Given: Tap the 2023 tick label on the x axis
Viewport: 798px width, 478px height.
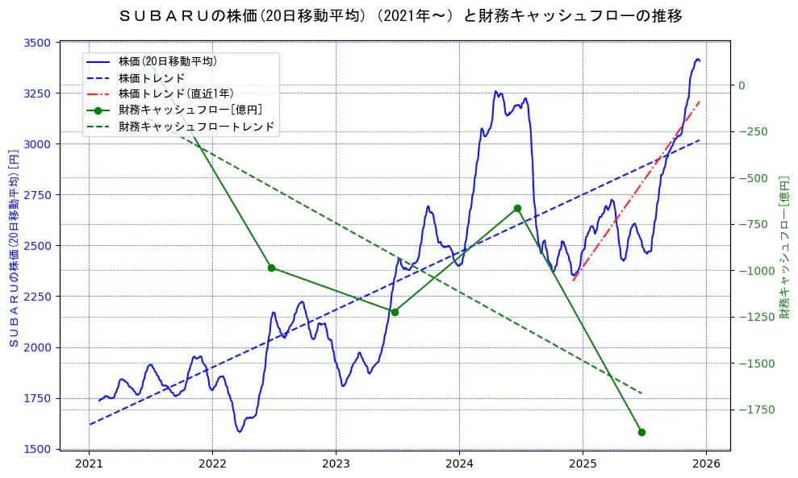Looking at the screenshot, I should coord(336,464).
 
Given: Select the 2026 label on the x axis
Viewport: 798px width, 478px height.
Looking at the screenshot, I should coord(706,464).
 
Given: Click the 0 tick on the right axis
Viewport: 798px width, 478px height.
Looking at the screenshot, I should coord(742,85).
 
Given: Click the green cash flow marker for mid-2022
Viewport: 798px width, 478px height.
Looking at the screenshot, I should coord(271,268).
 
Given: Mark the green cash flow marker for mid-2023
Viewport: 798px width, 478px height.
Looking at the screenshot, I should coord(395,312).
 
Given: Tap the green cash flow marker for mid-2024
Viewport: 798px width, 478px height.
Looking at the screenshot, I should coord(517,208).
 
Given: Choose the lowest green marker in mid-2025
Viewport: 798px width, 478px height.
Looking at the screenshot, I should coord(641,432).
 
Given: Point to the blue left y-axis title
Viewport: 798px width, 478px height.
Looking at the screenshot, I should coord(13,247).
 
